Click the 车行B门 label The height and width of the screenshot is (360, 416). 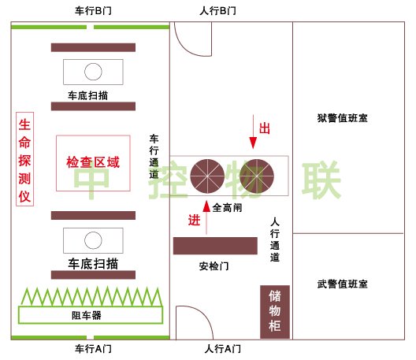pos(93,11)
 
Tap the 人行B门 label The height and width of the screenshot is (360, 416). pos(217,11)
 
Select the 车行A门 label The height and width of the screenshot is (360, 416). pos(93,349)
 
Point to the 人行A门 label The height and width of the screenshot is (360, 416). pos(223,349)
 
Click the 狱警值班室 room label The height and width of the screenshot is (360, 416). pos(343,118)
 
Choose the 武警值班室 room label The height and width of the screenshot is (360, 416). pos(343,284)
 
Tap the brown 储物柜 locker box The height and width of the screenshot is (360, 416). pos(275,312)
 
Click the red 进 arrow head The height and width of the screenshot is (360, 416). pos(206,206)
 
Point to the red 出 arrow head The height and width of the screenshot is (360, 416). pos(253,143)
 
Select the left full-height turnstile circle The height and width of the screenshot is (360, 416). pos(207,176)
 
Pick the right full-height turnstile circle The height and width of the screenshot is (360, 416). pos(257,176)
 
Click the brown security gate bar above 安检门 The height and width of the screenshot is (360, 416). pos(215,246)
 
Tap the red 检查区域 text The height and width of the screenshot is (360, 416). pos(93,162)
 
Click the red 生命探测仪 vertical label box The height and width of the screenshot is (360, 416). pos(24,159)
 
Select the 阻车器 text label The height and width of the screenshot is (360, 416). pos(87,315)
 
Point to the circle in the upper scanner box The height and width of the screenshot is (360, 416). pos(93,72)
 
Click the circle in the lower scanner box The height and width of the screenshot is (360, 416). pos(93,240)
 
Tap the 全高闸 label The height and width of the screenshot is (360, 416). pos(228,207)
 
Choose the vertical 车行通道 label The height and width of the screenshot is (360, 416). pos(154,157)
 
